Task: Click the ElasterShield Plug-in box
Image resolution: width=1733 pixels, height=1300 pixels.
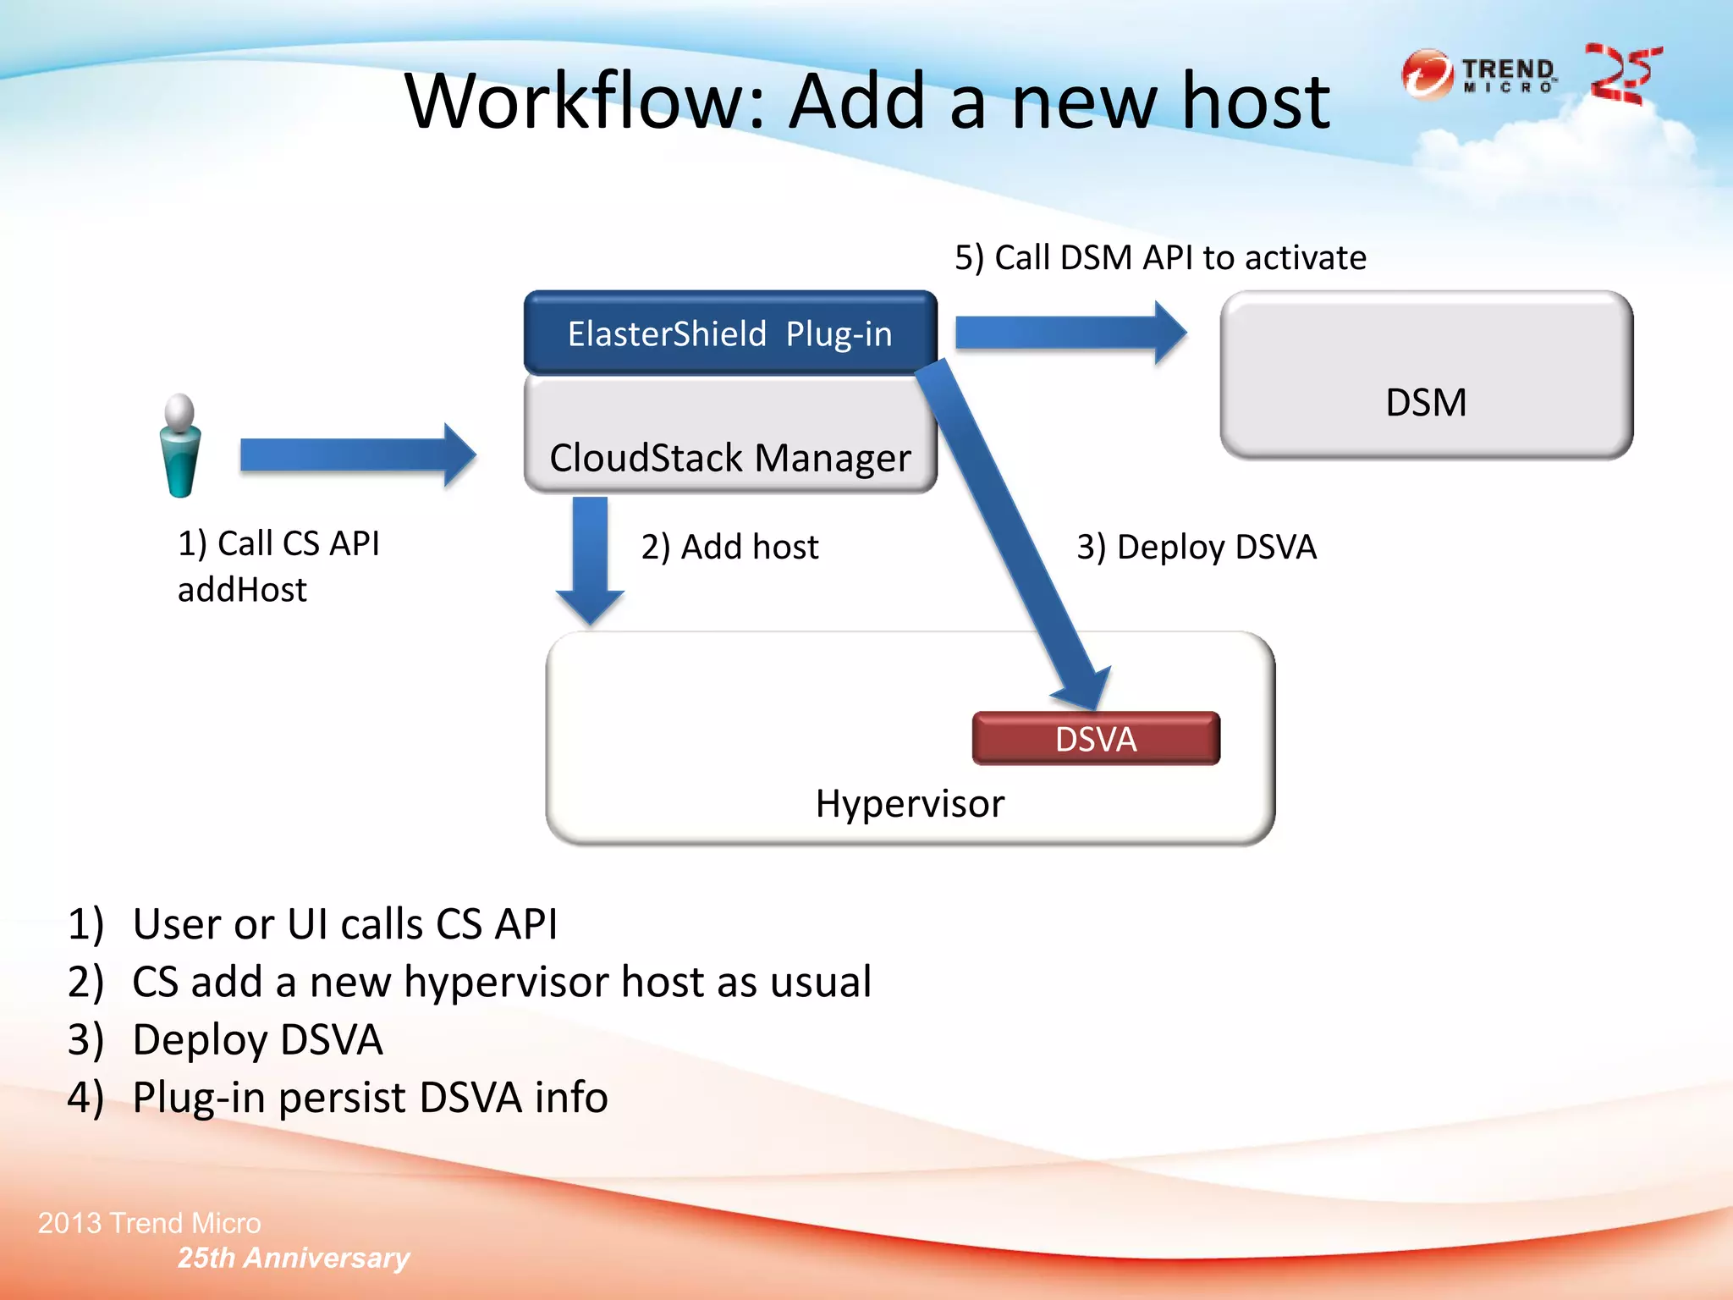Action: (x=729, y=333)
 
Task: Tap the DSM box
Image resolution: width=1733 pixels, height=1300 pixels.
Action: (x=1426, y=377)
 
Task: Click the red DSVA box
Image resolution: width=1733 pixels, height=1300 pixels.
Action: (x=1096, y=739)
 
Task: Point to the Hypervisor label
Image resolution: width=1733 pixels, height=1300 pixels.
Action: (x=910, y=803)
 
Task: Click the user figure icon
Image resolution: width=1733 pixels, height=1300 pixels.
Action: (x=179, y=446)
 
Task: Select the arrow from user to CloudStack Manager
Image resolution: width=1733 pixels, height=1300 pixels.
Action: (x=355, y=455)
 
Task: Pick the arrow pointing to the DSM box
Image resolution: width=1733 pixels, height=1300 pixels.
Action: (x=1070, y=333)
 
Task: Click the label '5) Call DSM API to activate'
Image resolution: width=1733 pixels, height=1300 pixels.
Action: (x=1160, y=257)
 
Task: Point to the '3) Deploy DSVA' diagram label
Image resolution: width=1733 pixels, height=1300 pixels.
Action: (x=1196, y=547)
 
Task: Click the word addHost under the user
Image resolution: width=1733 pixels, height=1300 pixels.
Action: (x=242, y=590)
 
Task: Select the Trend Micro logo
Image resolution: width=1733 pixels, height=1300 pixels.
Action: (x=1479, y=75)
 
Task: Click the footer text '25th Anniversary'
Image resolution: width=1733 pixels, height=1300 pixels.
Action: (x=293, y=1258)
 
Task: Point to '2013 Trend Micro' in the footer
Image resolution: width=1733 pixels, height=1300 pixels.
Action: (x=150, y=1223)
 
